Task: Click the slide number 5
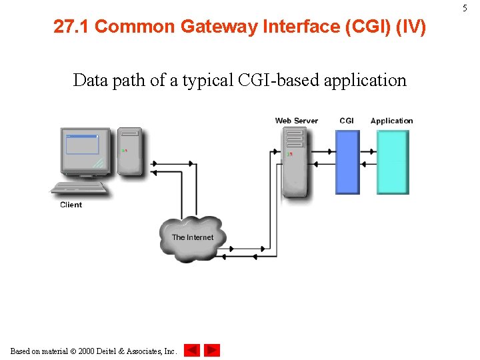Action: (465, 7)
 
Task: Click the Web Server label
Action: (297, 121)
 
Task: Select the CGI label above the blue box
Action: (347, 121)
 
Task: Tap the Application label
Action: (391, 121)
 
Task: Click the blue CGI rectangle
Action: (347, 162)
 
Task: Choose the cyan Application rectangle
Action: (393, 162)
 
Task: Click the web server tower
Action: (294, 161)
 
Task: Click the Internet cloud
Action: (193, 238)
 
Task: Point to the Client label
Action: (71, 205)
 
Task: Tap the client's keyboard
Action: (79, 188)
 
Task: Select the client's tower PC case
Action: (131, 151)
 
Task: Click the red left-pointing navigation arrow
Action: (192, 350)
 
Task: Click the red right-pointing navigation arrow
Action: (211, 350)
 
